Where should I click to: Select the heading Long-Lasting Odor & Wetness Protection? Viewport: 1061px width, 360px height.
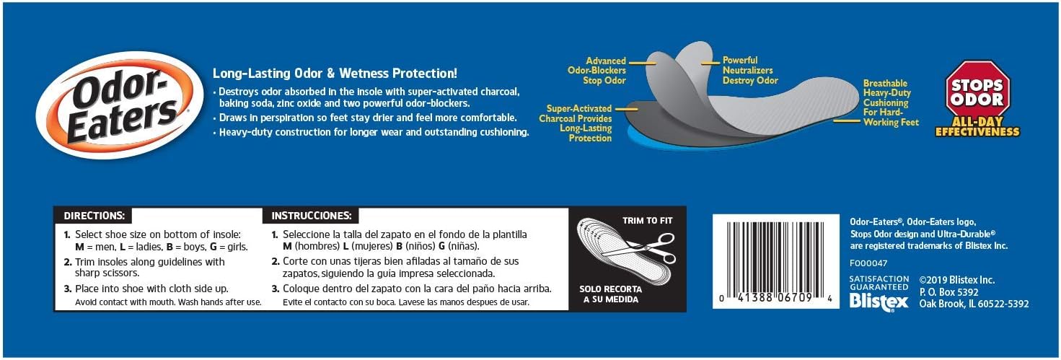coord(335,74)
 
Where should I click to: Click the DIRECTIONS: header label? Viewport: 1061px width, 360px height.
coord(94,215)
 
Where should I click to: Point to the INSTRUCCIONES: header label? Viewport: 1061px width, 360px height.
coord(311,215)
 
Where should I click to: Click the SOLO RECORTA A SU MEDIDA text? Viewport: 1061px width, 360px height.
coord(609,294)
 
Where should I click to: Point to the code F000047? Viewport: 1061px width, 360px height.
coord(868,263)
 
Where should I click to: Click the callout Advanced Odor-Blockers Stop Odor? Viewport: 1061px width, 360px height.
coord(606,71)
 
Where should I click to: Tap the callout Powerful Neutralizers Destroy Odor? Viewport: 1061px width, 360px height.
coord(750,71)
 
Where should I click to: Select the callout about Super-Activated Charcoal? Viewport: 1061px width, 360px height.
coord(579,123)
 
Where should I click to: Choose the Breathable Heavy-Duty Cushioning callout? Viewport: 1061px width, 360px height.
coord(891,103)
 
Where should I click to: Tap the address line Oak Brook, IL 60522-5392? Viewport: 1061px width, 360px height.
coord(974,304)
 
